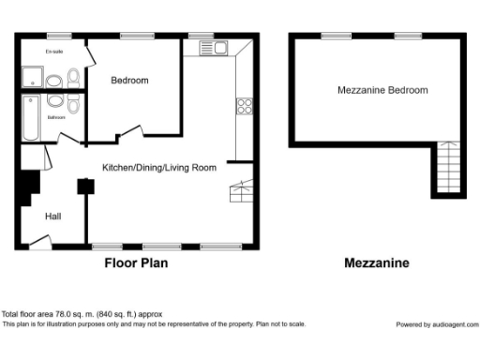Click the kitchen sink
point(219,47)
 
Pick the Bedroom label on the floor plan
point(129,81)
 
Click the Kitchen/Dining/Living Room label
point(159,168)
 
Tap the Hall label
point(53,217)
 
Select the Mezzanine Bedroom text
point(382,91)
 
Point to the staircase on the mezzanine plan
point(448,168)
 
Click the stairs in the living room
point(242,191)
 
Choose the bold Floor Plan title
point(135,263)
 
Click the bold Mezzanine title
point(377,263)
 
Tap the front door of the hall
point(39,244)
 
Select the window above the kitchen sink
point(201,35)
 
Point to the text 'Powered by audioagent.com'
point(436,324)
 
